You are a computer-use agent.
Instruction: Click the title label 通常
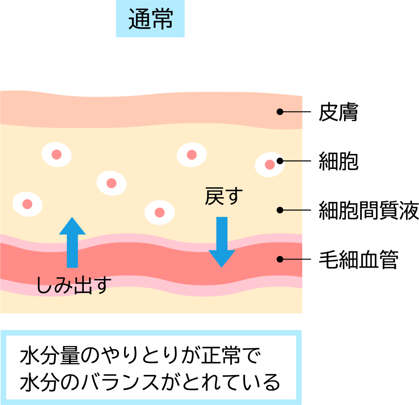[x=150, y=19]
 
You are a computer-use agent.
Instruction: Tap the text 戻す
[x=223, y=196]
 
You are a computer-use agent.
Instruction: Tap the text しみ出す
[x=74, y=285]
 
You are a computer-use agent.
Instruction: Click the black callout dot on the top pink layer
[x=280, y=112]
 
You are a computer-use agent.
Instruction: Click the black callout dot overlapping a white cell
[x=280, y=161]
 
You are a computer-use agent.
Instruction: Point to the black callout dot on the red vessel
[x=280, y=259]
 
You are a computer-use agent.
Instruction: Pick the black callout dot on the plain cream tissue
[x=280, y=210]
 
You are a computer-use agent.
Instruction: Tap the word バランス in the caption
[x=120, y=382]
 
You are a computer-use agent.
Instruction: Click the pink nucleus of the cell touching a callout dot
[x=270, y=165]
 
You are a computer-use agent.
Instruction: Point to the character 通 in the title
[x=140, y=19]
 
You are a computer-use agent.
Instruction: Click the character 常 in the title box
[x=162, y=19]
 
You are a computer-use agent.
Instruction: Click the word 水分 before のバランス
[x=39, y=382]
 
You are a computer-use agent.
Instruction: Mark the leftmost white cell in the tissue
[x=27, y=204]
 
